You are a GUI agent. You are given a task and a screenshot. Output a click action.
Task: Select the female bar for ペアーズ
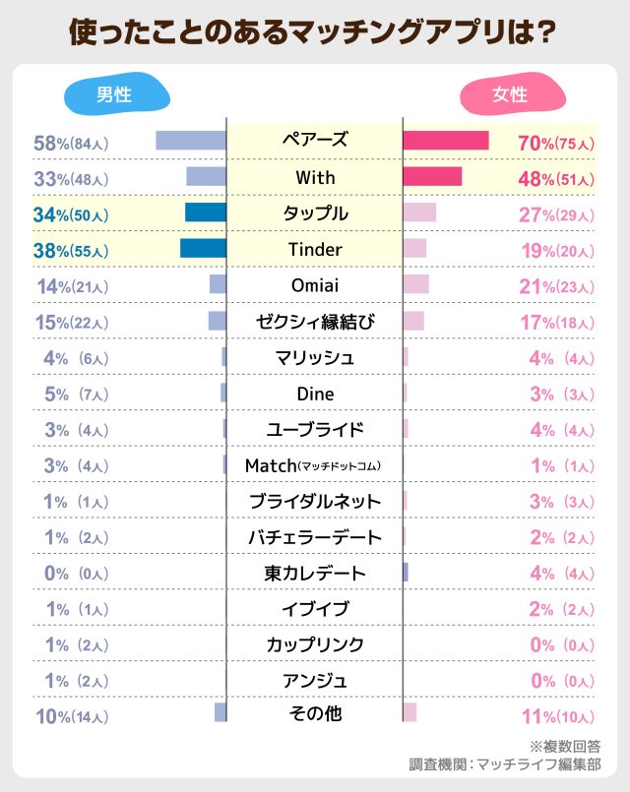pyautogui.click(x=446, y=141)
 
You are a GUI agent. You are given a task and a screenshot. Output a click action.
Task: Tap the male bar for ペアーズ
pyautogui.click(x=191, y=141)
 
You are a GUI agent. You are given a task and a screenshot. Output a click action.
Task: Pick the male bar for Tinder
pyautogui.click(x=203, y=248)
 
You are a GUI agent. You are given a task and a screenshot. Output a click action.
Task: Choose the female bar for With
pyautogui.click(x=432, y=177)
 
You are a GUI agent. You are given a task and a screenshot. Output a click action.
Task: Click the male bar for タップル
pyautogui.click(x=205, y=213)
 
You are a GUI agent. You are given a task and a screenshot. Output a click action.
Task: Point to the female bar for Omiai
pyautogui.click(x=416, y=284)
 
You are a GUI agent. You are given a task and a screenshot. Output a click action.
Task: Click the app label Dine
pyautogui.click(x=315, y=394)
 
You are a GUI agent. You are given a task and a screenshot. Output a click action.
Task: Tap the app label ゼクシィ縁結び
pyautogui.click(x=315, y=322)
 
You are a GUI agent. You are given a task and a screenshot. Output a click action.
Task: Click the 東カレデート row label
pyautogui.click(x=315, y=573)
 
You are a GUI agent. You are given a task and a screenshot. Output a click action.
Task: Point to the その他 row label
pyautogui.click(x=315, y=713)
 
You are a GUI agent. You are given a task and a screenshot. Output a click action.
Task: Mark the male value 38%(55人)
pyautogui.click(x=71, y=251)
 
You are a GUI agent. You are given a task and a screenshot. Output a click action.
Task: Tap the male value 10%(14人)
pyautogui.click(x=71, y=716)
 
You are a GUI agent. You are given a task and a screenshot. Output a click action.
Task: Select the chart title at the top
pyautogui.click(x=314, y=30)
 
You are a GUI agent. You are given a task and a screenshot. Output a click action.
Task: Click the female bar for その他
pyautogui.click(x=409, y=712)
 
